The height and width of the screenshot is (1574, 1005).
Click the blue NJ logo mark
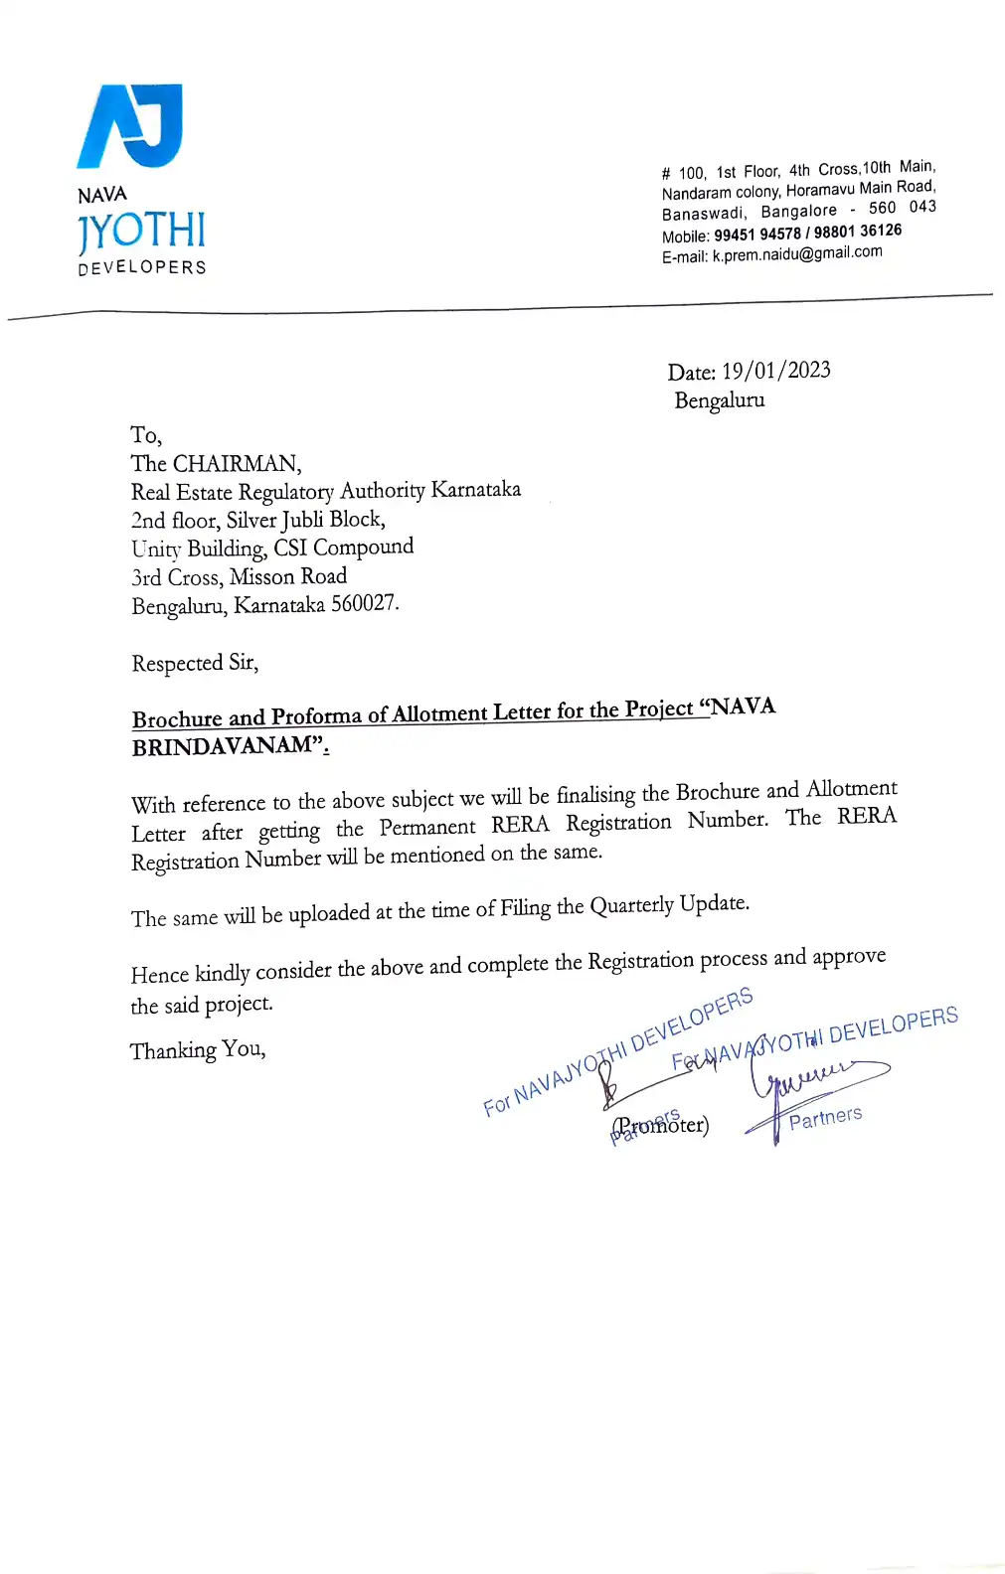(x=130, y=125)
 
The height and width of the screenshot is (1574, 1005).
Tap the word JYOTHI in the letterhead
(x=141, y=232)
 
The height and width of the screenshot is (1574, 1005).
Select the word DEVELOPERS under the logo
(x=142, y=267)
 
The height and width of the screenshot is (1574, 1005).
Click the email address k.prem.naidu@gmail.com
(x=797, y=254)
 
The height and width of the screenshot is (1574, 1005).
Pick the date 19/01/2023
(x=776, y=371)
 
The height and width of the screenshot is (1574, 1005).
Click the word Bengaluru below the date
(x=720, y=400)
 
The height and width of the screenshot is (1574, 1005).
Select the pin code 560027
(x=365, y=604)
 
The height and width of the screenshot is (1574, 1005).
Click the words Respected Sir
(x=195, y=663)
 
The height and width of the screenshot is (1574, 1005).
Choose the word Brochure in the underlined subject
(x=177, y=718)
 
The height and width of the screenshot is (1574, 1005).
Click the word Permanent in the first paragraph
(x=427, y=828)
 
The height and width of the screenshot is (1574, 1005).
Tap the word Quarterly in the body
(x=631, y=906)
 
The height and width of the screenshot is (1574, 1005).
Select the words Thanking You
(x=198, y=1050)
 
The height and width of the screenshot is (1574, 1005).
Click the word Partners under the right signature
(x=825, y=1118)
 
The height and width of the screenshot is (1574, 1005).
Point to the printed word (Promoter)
(x=661, y=1126)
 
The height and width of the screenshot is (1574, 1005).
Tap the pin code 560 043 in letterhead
(x=902, y=208)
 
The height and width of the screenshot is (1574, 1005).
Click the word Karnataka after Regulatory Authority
(x=475, y=490)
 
